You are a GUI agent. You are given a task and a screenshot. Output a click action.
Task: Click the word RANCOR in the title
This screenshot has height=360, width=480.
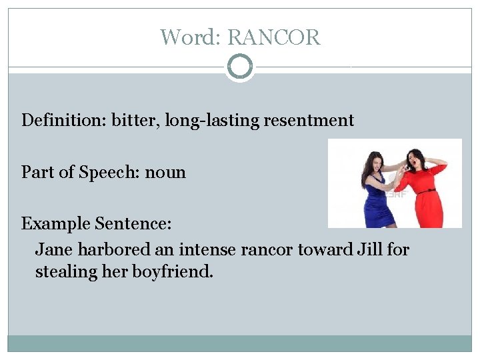click(x=274, y=37)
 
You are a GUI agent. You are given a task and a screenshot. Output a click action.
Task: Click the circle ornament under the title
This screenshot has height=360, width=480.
click(x=240, y=67)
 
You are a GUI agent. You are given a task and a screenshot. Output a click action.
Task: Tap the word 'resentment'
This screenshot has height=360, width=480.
click(x=309, y=121)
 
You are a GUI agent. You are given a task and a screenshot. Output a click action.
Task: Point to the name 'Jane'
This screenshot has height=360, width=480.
click(x=54, y=250)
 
